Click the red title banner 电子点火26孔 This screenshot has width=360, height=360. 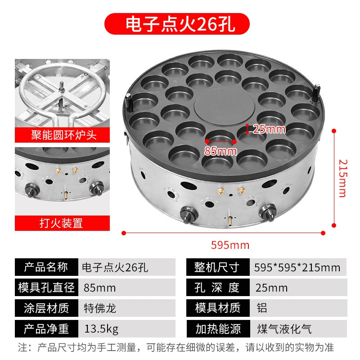177,24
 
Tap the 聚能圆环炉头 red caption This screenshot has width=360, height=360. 62,135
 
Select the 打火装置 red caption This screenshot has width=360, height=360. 62,223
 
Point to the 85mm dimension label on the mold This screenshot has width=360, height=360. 220,151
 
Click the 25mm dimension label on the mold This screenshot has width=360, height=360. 269,129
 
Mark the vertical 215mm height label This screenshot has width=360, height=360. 343,178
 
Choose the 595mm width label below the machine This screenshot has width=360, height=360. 230,245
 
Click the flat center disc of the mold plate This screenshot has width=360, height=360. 224,107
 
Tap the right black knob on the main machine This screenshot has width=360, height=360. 268,212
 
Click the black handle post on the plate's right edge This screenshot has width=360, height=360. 316,93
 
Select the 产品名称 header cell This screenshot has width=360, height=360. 46,267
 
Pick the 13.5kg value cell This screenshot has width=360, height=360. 127,329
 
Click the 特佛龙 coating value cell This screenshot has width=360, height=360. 127,308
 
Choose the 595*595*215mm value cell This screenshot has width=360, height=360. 298,267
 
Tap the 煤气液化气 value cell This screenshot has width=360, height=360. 298,329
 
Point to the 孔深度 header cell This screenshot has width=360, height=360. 218,288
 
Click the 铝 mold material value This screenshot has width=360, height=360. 262,308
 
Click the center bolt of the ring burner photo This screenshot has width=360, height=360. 62,88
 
